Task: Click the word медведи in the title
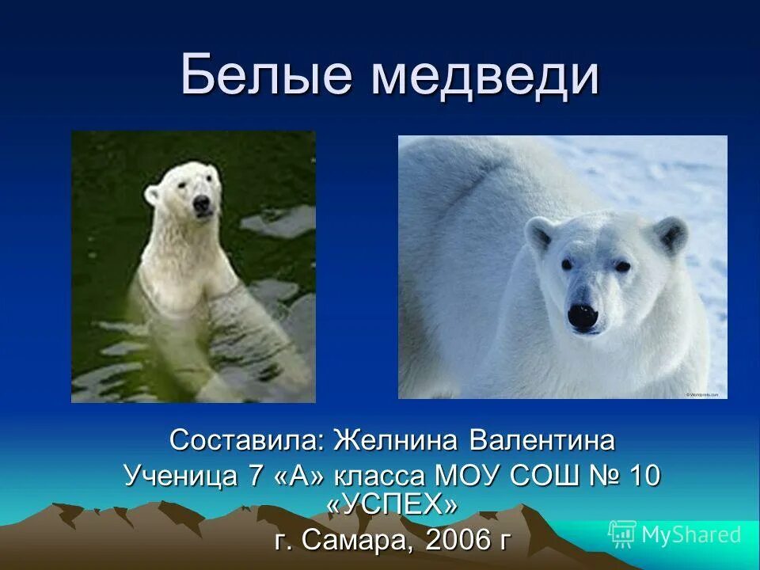[x=484, y=76]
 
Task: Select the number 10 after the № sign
[x=644, y=476]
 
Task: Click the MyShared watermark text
[x=691, y=534]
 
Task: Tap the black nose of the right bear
[x=582, y=317]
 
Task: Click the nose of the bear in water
[x=202, y=204]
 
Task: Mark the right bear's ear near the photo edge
[x=670, y=234]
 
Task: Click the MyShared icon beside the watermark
[x=622, y=534]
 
